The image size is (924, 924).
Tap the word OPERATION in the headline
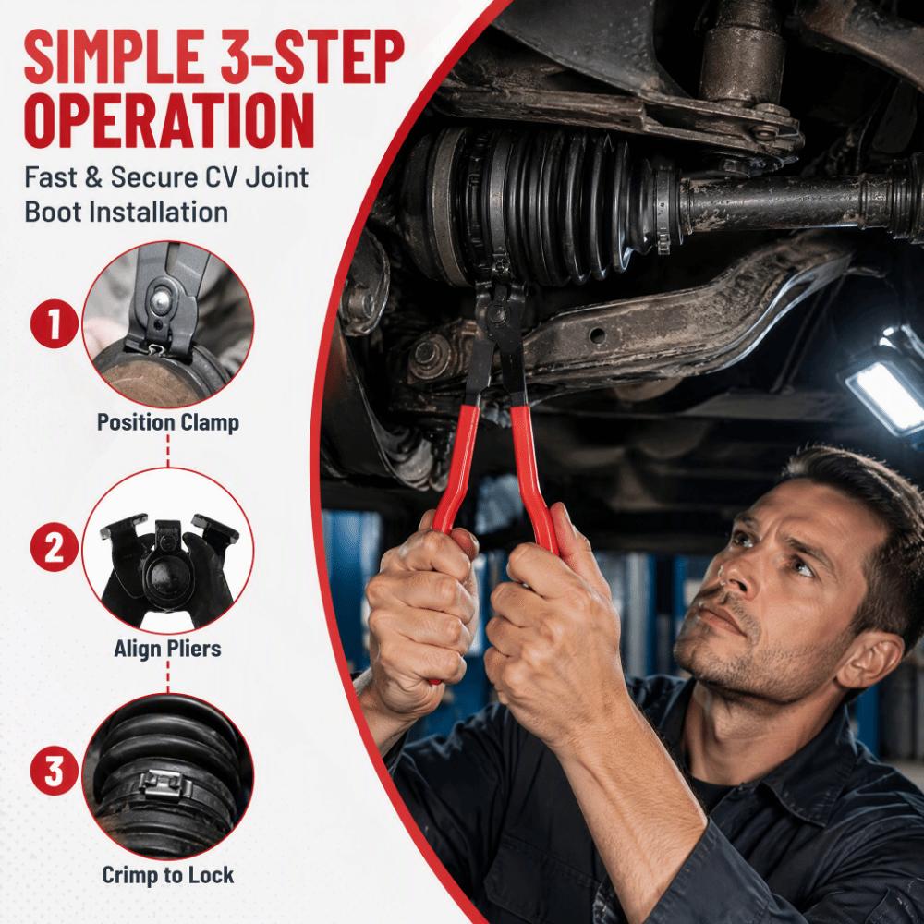click(x=169, y=121)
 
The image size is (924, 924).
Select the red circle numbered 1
click(x=55, y=324)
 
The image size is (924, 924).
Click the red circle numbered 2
click(x=54, y=548)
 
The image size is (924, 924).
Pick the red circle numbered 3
click(x=54, y=772)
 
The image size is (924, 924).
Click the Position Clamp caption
click(x=168, y=422)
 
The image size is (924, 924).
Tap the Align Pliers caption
click(x=168, y=649)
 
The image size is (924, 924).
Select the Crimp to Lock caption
click(x=168, y=875)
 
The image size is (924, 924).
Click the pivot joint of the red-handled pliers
click(x=502, y=309)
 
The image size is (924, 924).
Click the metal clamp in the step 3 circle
click(x=165, y=783)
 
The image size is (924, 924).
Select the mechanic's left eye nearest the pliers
click(x=744, y=539)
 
